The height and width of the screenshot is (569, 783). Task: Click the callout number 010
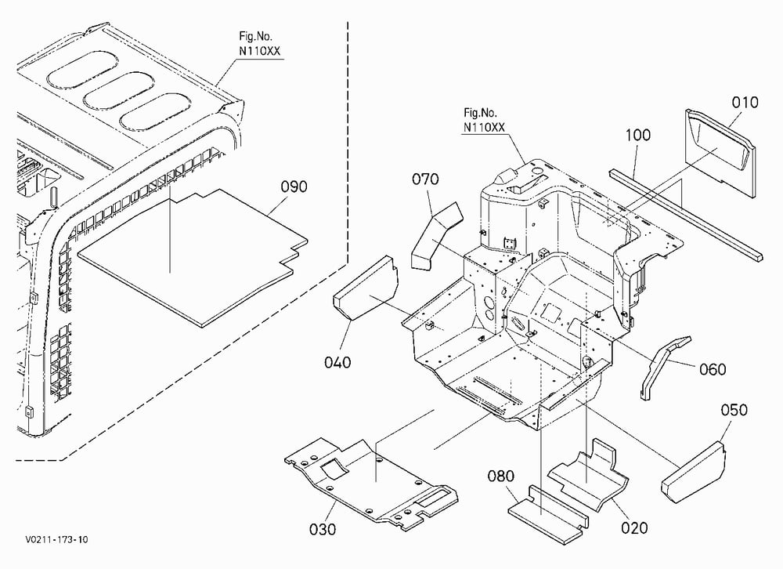pos(745,103)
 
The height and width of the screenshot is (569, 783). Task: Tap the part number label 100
pos(637,135)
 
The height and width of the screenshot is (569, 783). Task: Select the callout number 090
pos(294,187)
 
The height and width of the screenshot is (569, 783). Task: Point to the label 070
pos(425,179)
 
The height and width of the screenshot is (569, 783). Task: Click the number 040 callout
pos(337,362)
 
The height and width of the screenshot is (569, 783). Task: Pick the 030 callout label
pos(323,529)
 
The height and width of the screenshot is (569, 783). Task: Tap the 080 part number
pos(501,476)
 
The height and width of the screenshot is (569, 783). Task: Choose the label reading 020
pos(634,527)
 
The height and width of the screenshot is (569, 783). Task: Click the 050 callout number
pos(734,410)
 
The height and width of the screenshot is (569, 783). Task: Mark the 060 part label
pos(713,369)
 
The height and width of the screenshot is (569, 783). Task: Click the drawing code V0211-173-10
pos(56,539)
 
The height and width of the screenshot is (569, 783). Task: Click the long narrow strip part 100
pos(686,214)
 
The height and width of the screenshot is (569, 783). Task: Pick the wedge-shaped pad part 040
pos(366,288)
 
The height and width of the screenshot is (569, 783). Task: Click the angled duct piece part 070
pos(436,235)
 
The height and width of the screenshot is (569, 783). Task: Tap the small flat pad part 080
pos(548,512)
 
